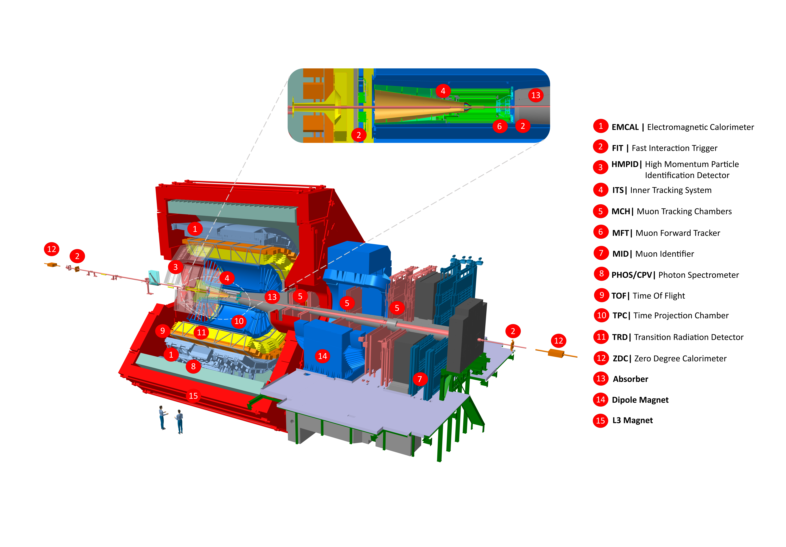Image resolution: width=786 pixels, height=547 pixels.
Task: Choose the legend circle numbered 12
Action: coord(601,358)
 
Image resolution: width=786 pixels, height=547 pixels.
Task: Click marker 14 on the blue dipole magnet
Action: coord(322,356)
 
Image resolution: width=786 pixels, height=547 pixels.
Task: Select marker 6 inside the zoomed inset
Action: coord(499,126)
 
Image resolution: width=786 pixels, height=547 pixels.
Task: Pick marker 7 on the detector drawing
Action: coord(420,379)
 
